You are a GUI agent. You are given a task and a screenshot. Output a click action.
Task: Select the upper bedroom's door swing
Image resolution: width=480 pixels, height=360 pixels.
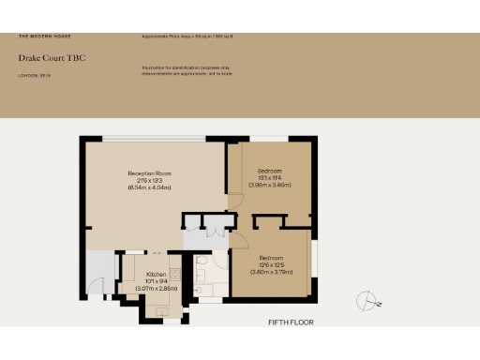(233, 198)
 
